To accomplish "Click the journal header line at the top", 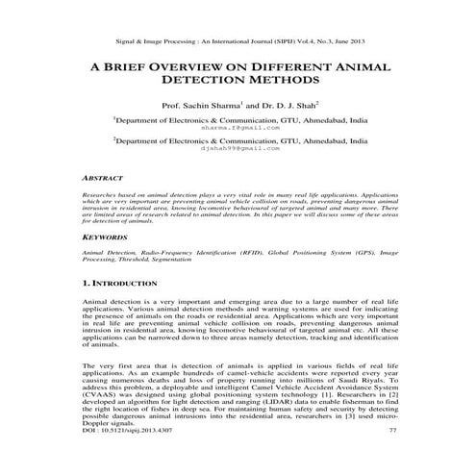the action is pyautogui.click(x=238, y=41).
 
